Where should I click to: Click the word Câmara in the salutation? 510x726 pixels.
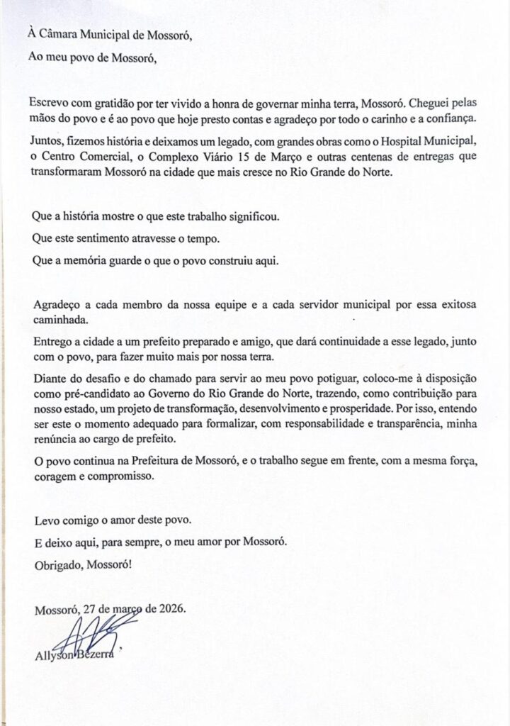(x=65, y=33)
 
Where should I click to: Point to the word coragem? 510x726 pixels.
(x=57, y=477)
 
